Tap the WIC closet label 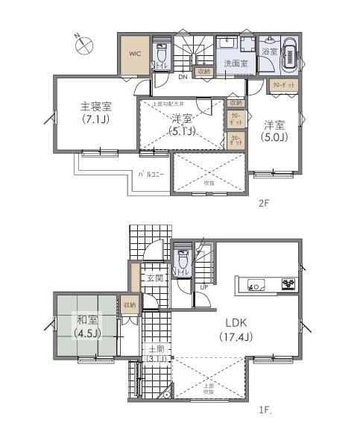pyautogui.click(x=135, y=54)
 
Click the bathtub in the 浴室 pyautogui.click(x=291, y=55)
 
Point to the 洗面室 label pyautogui.click(x=236, y=64)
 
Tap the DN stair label pyautogui.click(x=182, y=75)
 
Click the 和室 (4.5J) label pyautogui.click(x=86, y=327)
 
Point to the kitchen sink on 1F pyautogui.click(x=253, y=284)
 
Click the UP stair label pyautogui.click(x=203, y=286)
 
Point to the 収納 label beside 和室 pyautogui.click(x=130, y=304)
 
